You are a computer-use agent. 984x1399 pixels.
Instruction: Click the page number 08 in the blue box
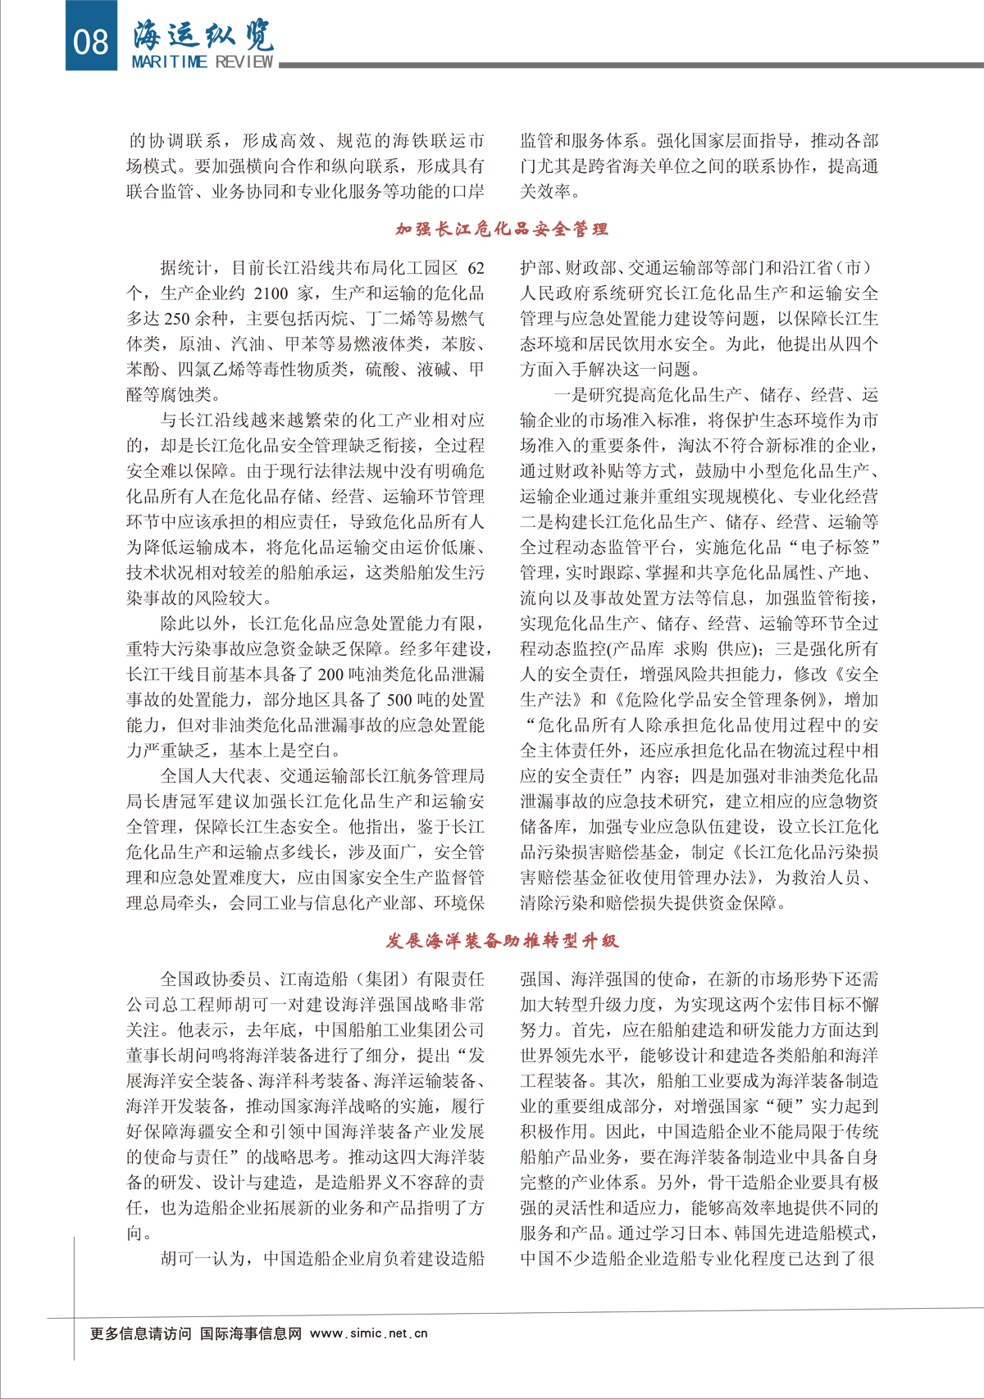[x=90, y=39]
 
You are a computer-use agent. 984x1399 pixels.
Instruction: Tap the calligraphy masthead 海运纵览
[x=203, y=34]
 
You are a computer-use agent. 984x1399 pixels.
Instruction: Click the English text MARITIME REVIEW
[x=203, y=62]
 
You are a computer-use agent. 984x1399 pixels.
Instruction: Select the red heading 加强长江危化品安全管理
[x=502, y=229]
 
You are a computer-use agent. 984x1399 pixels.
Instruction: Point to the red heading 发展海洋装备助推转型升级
[x=502, y=940]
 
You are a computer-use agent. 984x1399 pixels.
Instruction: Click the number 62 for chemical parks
[x=476, y=268]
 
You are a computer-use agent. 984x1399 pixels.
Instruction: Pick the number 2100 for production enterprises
[x=271, y=293]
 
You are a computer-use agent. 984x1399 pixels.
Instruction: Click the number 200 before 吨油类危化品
[x=330, y=675]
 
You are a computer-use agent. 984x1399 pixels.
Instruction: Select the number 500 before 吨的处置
[x=399, y=700]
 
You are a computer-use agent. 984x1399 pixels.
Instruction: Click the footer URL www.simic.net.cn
[x=369, y=1333]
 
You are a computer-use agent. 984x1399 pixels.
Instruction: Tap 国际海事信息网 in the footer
[x=251, y=1333]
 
